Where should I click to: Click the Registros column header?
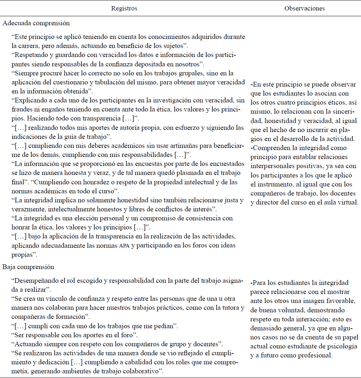coord(124,8)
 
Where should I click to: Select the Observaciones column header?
coord(304,8)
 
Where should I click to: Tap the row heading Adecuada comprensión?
coord(36,23)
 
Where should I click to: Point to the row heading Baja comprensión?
coord(28,267)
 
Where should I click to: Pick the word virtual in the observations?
coord(347,202)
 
